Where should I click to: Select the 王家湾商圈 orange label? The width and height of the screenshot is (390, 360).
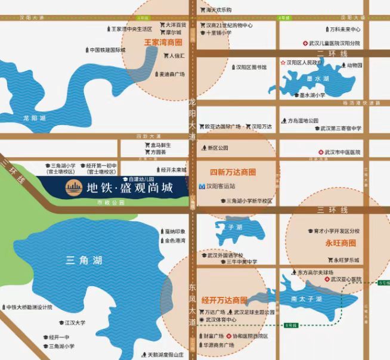click(x=163, y=43)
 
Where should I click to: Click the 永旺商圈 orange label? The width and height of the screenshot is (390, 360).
click(x=340, y=243)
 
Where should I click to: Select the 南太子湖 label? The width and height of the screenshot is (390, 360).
click(x=310, y=298)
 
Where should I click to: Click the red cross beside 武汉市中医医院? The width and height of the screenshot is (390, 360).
click(x=321, y=153)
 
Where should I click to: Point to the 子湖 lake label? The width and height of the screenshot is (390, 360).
click(x=235, y=227)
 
